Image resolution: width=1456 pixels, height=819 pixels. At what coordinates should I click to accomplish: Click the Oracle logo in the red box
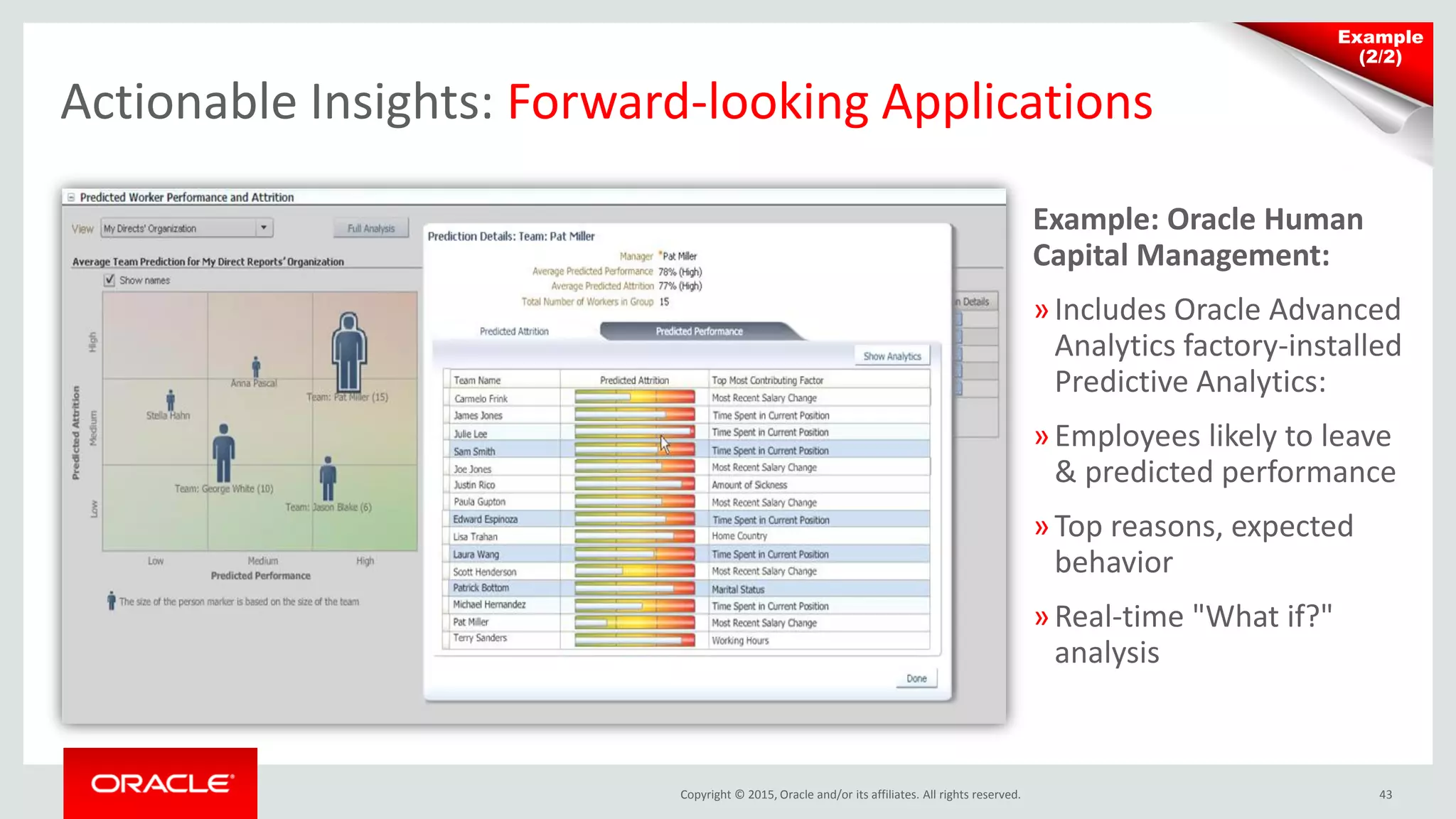point(161,783)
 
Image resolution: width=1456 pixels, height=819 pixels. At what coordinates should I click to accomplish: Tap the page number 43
point(1385,795)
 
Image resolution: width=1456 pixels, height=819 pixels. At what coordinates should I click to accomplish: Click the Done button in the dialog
point(916,678)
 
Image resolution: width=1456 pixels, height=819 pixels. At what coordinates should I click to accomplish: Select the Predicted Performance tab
point(699,331)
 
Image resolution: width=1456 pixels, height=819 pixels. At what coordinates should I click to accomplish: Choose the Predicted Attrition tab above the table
point(514,331)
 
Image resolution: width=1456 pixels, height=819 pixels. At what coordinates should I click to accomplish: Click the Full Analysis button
point(370,228)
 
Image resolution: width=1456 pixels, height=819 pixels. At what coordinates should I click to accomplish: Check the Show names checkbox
point(109,280)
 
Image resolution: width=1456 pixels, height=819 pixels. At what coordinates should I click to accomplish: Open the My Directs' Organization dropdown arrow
point(264,228)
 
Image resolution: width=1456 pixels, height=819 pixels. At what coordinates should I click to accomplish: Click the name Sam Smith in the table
point(474,451)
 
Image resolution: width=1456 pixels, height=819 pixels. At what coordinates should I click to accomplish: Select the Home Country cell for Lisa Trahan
point(739,536)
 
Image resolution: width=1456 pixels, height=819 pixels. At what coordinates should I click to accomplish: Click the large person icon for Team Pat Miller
point(348,351)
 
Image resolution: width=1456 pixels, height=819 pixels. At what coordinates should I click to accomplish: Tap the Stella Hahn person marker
point(171,400)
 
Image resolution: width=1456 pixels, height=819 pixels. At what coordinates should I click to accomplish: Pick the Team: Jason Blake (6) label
point(328,507)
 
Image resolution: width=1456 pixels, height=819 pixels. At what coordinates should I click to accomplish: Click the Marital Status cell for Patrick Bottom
point(738,589)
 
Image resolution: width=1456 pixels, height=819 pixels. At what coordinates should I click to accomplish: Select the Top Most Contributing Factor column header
point(767,380)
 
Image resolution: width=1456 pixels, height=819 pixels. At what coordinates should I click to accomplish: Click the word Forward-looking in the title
point(687,102)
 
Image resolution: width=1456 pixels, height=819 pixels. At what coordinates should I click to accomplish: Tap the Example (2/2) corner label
point(1380,47)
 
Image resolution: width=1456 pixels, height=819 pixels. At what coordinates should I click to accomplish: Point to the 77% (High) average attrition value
point(680,286)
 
